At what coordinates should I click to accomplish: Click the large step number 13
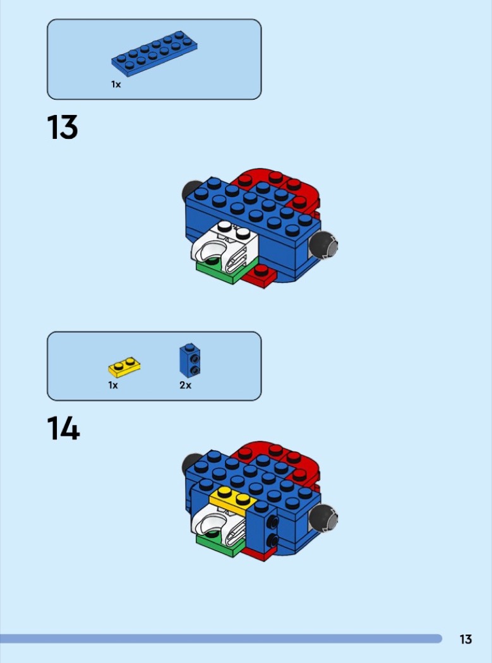pos(62,127)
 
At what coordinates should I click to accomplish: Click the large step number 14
pos(63,428)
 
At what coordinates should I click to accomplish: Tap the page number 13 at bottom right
pos(465,639)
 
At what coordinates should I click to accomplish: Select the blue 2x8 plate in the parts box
pos(154,53)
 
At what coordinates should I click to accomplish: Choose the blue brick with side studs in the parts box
pos(190,361)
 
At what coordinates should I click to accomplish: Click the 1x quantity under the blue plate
pos(116,85)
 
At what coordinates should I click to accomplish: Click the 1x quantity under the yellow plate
pos(113,385)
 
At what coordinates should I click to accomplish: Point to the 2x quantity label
pos(185,385)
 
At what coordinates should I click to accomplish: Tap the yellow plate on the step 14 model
pos(233,500)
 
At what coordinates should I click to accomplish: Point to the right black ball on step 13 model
pos(323,245)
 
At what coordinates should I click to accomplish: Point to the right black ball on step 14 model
pos(323,518)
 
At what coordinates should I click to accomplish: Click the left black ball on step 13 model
pos(189,189)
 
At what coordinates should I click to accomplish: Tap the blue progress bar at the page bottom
pos(221,638)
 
